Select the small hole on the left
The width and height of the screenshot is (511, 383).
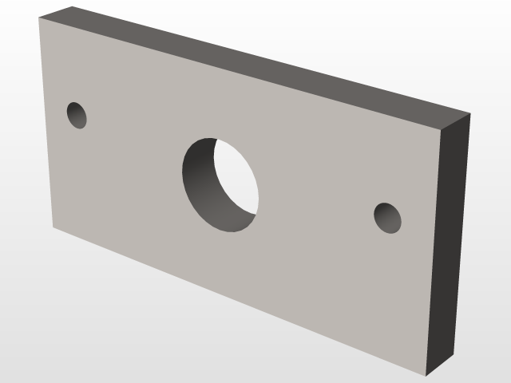77,115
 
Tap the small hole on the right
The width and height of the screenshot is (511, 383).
387,218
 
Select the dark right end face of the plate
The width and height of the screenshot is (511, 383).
452,239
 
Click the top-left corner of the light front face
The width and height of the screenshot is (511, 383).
39,19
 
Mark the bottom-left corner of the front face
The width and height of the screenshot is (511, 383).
53,227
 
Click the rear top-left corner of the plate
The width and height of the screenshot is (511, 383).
72,7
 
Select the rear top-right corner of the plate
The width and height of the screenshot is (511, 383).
470,113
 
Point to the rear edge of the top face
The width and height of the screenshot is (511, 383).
271,60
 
